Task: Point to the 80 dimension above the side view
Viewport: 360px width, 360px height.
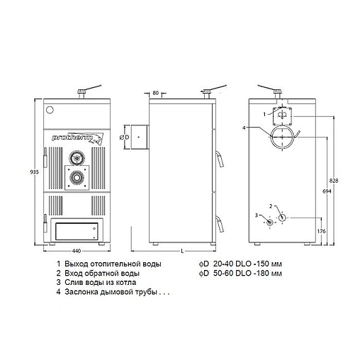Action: (154, 92)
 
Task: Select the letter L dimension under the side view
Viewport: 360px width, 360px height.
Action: (183, 251)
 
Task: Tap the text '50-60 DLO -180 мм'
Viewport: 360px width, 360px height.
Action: (249, 272)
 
